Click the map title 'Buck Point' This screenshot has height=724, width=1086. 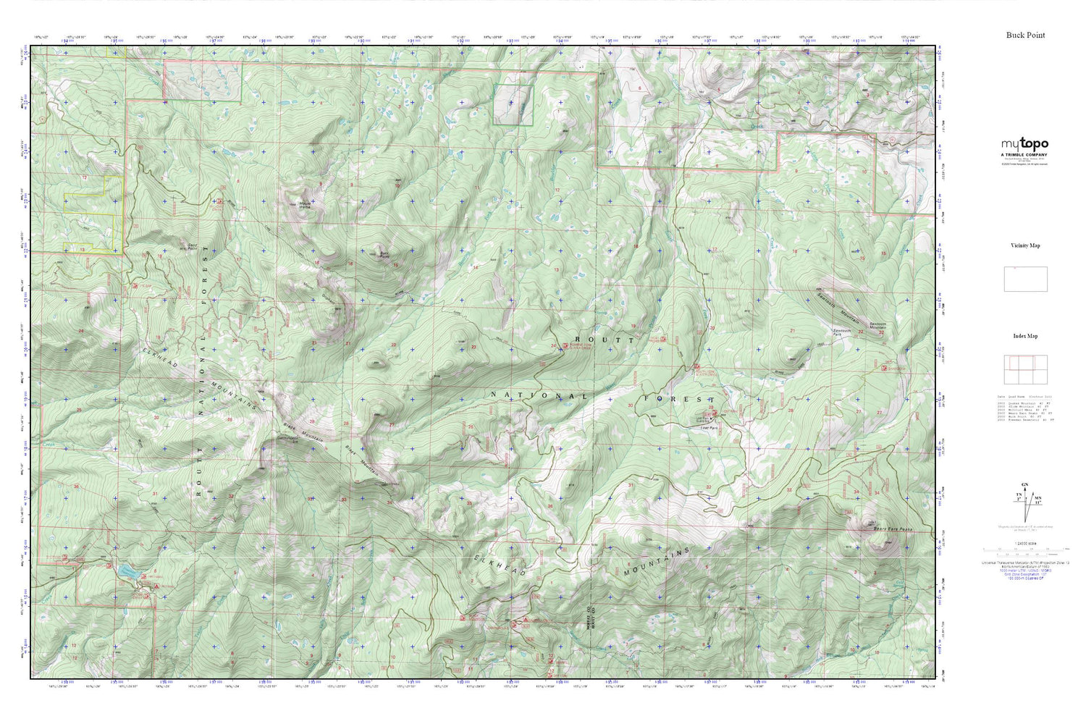click(1025, 35)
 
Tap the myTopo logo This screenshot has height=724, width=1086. click(1024, 145)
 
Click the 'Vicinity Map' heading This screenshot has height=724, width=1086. click(1025, 245)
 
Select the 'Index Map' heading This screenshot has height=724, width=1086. click(1025, 336)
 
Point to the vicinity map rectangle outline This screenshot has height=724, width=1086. click(1025, 279)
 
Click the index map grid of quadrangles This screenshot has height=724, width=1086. click(1025, 370)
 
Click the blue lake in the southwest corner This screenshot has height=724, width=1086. click(130, 572)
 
